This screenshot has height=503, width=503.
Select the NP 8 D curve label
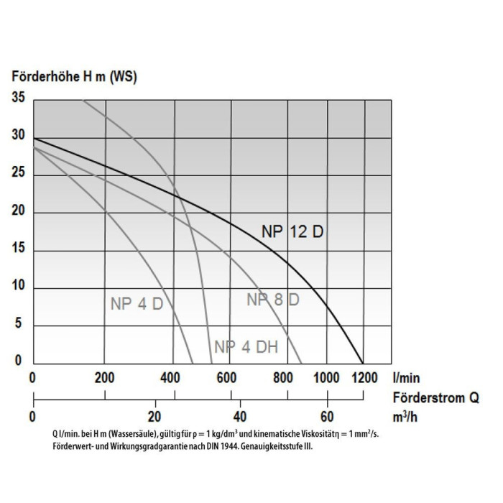click(x=273, y=300)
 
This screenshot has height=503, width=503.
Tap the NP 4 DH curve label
click(x=246, y=346)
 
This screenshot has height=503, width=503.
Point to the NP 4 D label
click(x=137, y=304)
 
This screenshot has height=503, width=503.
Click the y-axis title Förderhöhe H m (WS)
click(x=75, y=75)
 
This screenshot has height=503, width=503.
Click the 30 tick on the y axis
click(x=18, y=136)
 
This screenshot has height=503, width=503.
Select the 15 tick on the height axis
click(x=18, y=249)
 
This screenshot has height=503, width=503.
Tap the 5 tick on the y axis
click(x=21, y=324)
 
